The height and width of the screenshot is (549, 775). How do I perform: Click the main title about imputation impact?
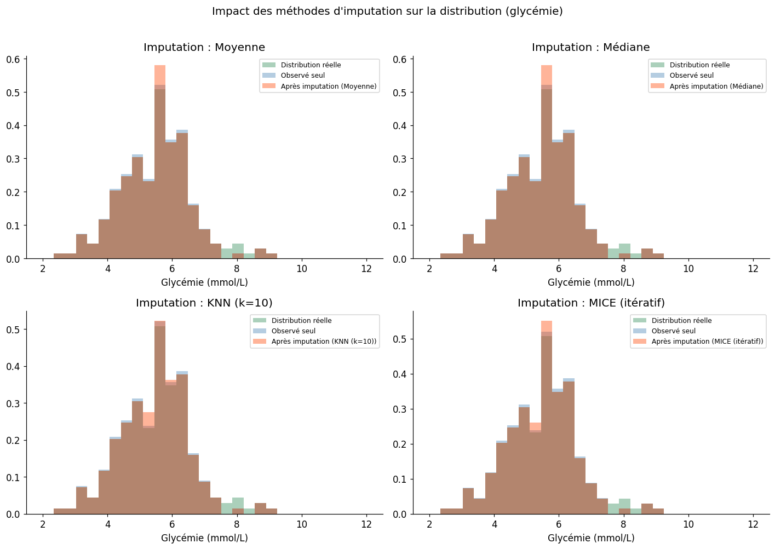[387, 11]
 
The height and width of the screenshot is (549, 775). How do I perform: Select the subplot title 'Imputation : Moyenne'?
[204, 48]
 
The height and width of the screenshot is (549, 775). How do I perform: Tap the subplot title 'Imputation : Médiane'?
[590, 48]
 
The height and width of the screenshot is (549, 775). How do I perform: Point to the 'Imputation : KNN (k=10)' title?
[204, 303]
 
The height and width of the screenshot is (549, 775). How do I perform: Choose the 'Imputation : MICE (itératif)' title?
[591, 303]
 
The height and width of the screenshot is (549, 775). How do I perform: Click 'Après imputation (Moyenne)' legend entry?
[329, 86]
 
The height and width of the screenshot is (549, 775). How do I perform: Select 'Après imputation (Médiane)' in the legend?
[716, 86]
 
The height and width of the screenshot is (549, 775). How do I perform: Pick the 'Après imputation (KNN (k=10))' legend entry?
[324, 342]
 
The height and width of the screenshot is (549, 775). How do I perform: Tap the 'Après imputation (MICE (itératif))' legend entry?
[707, 342]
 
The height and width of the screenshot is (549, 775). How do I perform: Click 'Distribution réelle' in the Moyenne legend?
[311, 65]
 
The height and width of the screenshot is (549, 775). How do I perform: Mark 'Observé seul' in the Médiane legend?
[692, 76]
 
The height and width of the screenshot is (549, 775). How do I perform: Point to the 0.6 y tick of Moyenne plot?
[13, 60]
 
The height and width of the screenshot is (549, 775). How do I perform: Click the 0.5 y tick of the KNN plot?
[13, 330]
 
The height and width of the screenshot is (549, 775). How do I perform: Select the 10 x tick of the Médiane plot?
[688, 269]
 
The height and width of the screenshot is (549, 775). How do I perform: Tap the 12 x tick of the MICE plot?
[753, 525]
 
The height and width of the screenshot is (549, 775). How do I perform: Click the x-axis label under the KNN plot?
[204, 538]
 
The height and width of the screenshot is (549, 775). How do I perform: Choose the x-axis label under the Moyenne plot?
[204, 283]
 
